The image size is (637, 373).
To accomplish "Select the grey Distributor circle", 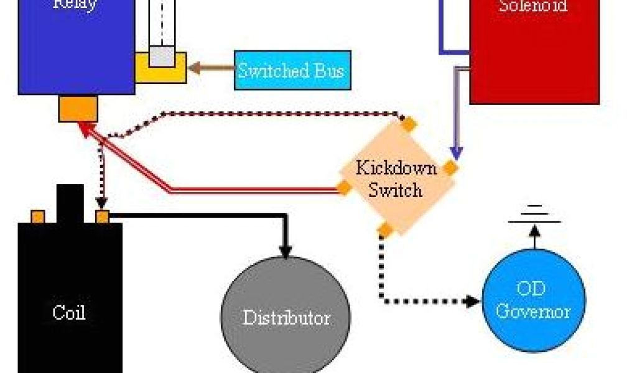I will [x=286, y=317].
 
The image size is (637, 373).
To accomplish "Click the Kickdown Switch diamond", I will [x=396, y=178].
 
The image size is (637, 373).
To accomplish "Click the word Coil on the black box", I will [x=68, y=312].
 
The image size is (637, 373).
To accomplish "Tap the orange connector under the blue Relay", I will [x=78, y=109].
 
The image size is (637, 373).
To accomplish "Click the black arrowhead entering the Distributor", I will [x=286, y=251].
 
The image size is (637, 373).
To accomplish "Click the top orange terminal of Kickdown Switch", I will [x=408, y=124].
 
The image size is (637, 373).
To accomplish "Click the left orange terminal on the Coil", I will [x=38, y=217].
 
